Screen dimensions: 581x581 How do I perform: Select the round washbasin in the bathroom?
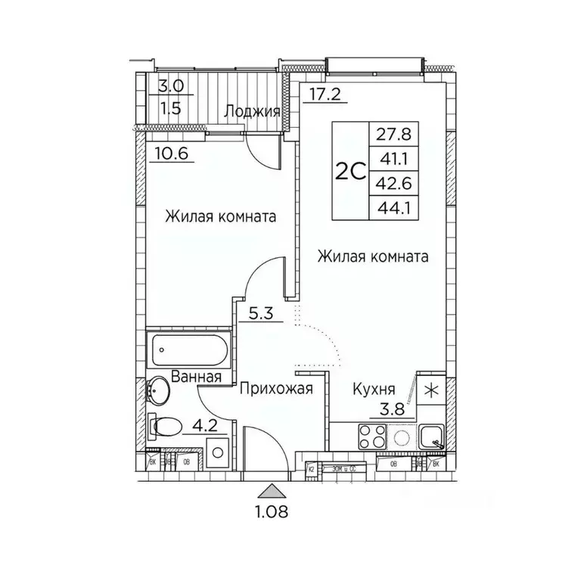click(x=159, y=392)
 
